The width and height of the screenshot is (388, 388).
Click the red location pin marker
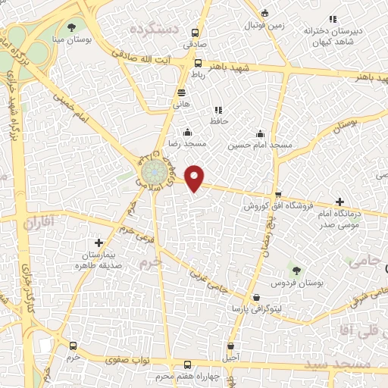tap(196, 177)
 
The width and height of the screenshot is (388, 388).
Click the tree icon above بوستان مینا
tap(71, 27)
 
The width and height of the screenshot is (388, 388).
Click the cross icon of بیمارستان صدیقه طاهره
tap(98, 242)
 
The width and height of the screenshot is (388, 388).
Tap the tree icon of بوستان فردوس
tap(296, 270)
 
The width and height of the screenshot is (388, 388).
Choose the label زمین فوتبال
tap(263, 25)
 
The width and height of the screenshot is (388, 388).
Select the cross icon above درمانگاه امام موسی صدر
tap(339, 202)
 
